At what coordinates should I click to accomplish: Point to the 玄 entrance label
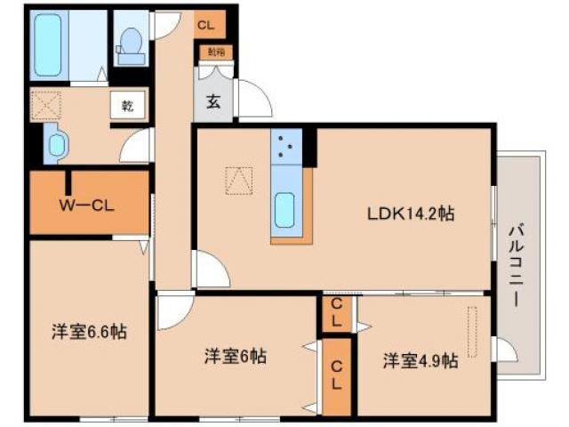(213, 101)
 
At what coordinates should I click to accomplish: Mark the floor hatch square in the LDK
(237, 180)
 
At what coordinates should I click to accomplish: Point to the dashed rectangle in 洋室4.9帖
(473, 331)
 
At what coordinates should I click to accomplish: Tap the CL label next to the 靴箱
(206, 25)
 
